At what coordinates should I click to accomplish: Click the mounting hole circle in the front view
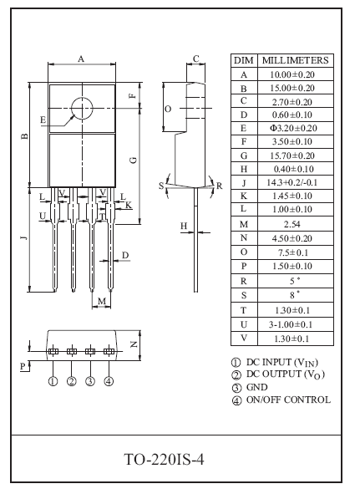point(72,108)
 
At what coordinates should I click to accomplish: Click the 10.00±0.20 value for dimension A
point(292,74)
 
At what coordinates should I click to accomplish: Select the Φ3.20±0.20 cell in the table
point(293,128)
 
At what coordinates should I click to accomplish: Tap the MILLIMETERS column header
point(296,60)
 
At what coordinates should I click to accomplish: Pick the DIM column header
point(244,60)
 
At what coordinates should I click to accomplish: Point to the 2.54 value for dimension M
point(292,224)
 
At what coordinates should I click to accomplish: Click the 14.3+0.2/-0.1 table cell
point(292,182)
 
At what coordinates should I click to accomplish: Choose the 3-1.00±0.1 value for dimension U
point(291,324)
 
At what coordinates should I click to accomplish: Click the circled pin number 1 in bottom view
point(53,381)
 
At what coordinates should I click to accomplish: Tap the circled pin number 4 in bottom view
point(109,381)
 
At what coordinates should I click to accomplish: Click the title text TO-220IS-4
point(164,460)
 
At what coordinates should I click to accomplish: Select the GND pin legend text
point(256,387)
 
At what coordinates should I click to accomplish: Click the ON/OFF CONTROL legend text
point(288,400)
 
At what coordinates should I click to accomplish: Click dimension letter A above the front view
point(81,59)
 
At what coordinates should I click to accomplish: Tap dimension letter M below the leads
point(102,302)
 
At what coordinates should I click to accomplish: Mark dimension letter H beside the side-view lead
point(184,226)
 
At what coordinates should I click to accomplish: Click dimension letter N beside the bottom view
point(134,344)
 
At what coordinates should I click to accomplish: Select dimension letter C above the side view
point(196,59)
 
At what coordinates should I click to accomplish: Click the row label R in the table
point(243,281)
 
